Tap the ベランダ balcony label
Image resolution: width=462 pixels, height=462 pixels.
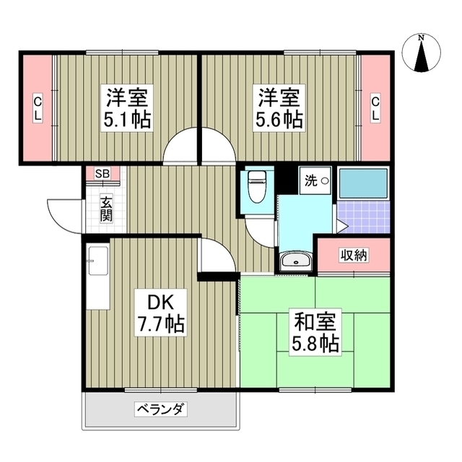(x=161, y=410)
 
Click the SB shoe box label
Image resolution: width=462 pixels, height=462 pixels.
(x=103, y=174)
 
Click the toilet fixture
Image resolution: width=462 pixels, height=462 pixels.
(x=256, y=188)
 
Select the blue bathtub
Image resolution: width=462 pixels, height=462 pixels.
(x=363, y=183)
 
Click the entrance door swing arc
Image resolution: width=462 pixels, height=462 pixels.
(x=64, y=215)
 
